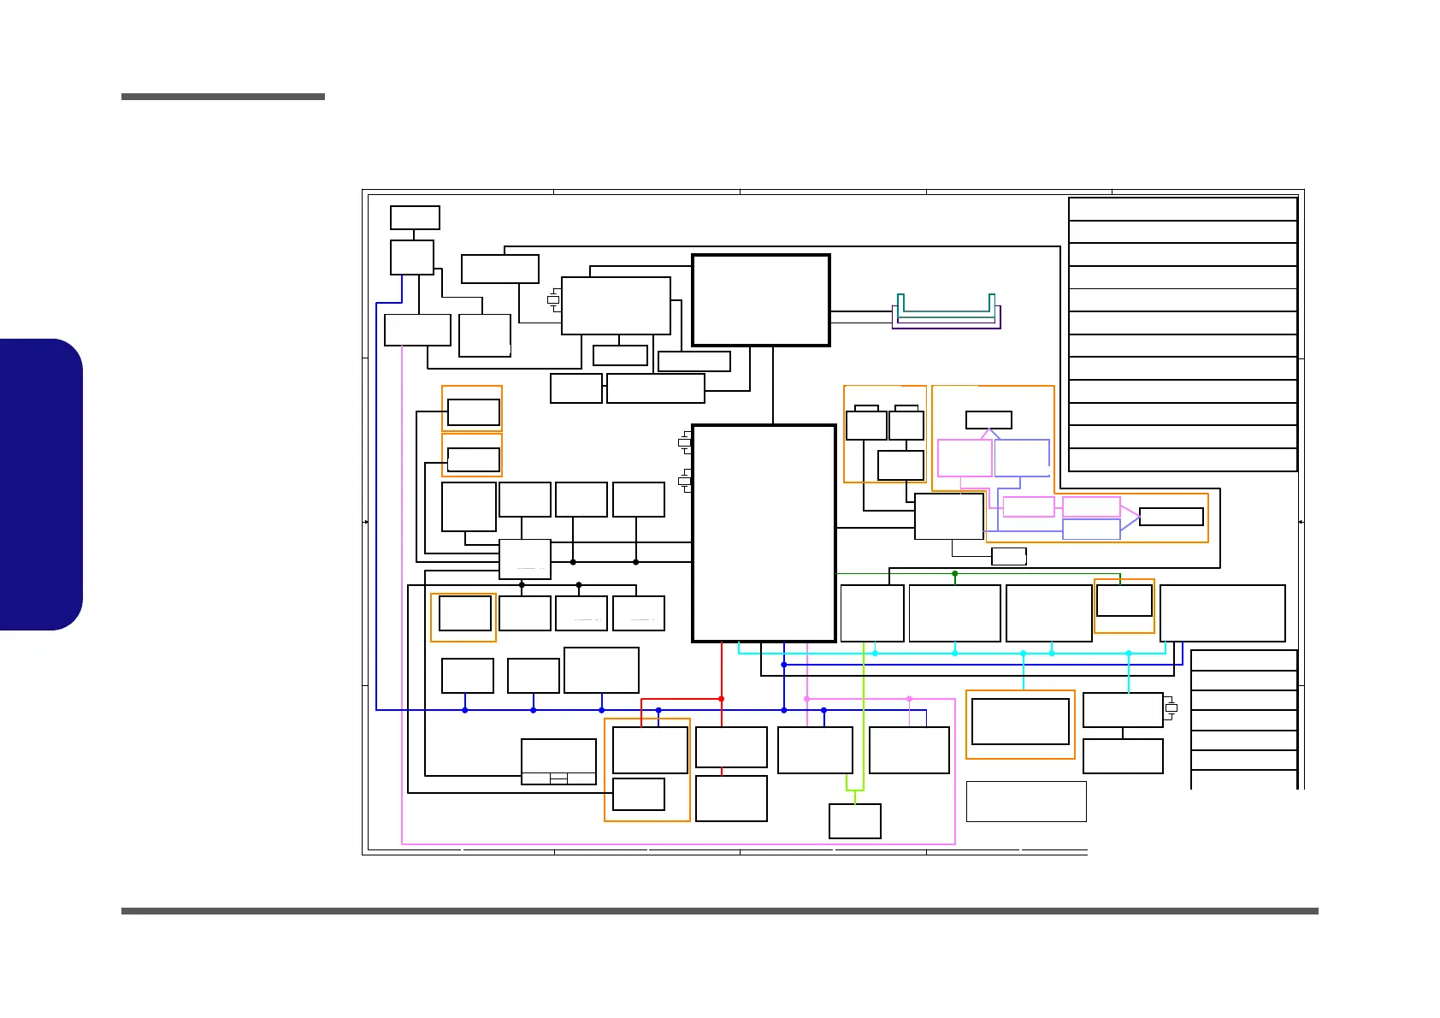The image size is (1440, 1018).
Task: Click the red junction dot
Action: [x=722, y=699]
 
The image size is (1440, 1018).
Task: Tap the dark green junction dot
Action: [x=955, y=574]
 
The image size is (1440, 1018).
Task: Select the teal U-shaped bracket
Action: [x=946, y=309]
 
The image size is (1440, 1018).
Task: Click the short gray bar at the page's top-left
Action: [x=223, y=97]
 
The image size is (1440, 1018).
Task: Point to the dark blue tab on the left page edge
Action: [x=41, y=484]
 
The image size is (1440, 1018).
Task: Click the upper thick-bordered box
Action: [x=761, y=300]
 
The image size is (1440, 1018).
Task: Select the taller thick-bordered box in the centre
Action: [x=764, y=533]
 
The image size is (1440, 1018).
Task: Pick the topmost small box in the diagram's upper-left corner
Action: [x=415, y=217]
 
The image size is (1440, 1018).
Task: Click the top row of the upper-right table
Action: [x=1183, y=210]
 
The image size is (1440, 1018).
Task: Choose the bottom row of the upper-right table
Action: [x=1183, y=459]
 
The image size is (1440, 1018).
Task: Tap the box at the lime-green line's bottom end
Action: [x=855, y=821]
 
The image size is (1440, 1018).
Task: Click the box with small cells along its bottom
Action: [x=558, y=761]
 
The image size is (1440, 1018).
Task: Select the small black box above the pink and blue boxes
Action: [x=989, y=420]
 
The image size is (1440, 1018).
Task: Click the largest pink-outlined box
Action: [x=965, y=459]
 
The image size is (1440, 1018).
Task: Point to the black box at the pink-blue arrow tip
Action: [x=1171, y=517]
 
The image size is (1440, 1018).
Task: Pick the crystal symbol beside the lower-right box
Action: [x=1171, y=708]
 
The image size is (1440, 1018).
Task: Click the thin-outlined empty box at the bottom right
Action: [x=1026, y=802]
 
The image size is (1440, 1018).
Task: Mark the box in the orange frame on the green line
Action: [x=1124, y=600]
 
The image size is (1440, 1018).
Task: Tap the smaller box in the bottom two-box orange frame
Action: [x=639, y=794]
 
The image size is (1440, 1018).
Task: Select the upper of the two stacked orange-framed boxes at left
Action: [x=473, y=412]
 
